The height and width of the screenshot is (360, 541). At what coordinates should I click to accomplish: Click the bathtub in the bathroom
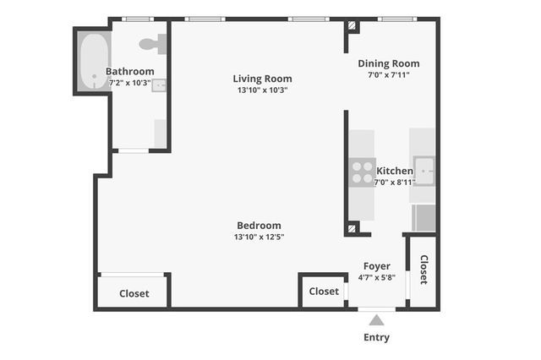point(93,61)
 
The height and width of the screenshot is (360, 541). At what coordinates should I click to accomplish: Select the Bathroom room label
point(129,72)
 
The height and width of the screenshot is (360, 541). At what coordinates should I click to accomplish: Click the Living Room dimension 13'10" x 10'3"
point(262,90)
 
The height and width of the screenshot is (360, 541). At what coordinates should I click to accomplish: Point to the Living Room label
point(262,79)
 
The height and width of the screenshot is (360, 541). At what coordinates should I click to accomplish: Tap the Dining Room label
point(388,63)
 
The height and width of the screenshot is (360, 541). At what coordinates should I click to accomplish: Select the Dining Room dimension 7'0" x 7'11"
point(388,75)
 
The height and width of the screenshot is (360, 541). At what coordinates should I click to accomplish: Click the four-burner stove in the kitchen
point(363,172)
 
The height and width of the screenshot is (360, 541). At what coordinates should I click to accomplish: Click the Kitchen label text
point(395,171)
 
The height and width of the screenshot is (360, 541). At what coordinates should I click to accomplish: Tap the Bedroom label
point(259,225)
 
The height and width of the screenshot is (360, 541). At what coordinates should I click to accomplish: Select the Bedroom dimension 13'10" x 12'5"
point(259,237)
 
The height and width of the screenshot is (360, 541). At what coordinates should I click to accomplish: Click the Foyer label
point(376,265)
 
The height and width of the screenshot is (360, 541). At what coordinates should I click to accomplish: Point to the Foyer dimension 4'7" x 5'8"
point(376,276)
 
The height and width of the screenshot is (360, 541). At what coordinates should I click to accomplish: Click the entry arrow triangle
point(376,319)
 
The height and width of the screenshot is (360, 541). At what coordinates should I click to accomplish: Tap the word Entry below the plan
point(376,337)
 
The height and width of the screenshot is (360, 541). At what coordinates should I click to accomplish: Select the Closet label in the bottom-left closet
point(134,294)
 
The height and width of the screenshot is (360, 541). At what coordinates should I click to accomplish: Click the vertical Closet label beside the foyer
point(424,270)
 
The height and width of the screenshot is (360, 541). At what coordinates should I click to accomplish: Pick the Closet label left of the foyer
point(324,292)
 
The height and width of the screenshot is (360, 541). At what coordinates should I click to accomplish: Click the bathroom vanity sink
point(159,85)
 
